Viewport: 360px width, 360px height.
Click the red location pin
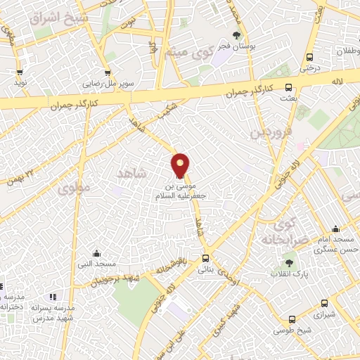(x=181, y=165)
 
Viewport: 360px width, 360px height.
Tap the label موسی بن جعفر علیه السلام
(x=181, y=192)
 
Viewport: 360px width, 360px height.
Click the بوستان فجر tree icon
(x=236, y=35)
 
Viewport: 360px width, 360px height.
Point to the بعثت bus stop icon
(x=288, y=87)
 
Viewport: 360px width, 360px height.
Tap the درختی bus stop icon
(x=309, y=57)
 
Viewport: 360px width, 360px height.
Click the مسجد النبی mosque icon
(x=96, y=254)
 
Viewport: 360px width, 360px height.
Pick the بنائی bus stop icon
(x=205, y=258)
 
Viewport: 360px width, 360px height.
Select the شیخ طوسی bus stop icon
(x=292, y=319)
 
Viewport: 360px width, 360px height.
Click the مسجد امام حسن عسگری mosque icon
(x=335, y=229)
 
